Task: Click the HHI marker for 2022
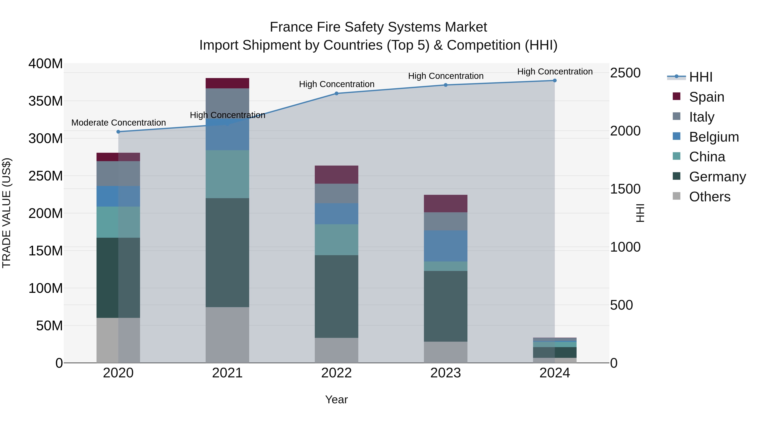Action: [336, 93]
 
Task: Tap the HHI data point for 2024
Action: [555, 81]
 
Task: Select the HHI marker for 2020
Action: [118, 132]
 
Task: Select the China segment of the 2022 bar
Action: [336, 240]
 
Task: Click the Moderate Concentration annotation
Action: [118, 123]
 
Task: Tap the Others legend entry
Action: [709, 197]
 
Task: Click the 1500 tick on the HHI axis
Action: [625, 189]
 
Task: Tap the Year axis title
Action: [336, 399]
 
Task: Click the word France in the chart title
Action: [291, 27]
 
